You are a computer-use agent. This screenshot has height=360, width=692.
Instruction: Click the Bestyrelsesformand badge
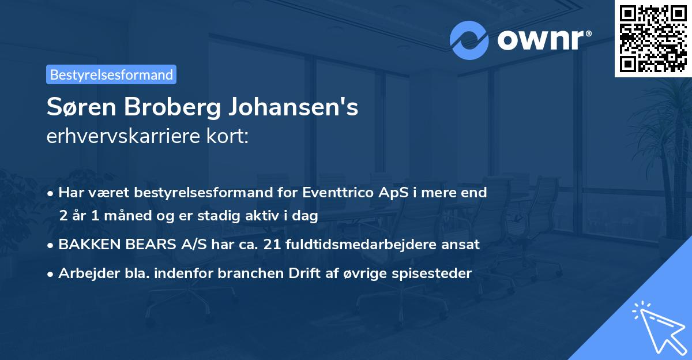click(x=111, y=74)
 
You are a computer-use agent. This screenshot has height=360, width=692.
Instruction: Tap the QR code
click(x=653, y=38)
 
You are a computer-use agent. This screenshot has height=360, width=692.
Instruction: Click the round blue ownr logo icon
click(x=469, y=40)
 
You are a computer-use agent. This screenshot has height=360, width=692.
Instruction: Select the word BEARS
click(x=152, y=244)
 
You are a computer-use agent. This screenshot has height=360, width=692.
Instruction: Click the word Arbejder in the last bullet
click(x=85, y=273)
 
